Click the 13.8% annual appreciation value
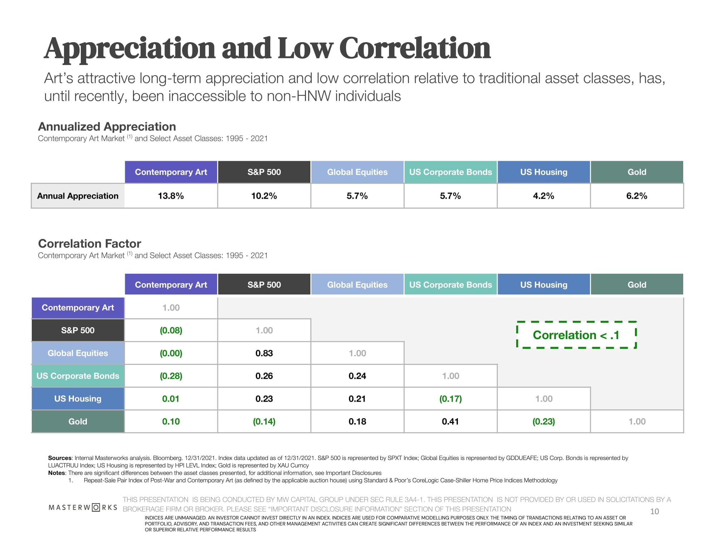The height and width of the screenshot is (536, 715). pyautogui.click(x=171, y=196)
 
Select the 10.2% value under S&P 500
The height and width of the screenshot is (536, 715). pyautogui.click(x=264, y=196)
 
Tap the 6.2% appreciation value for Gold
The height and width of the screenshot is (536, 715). pyautogui.click(x=637, y=196)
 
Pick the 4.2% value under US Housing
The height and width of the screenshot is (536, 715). pyautogui.click(x=543, y=196)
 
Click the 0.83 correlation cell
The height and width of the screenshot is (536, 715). pyautogui.click(x=264, y=353)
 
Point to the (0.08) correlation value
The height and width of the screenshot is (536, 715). pyautogui.click(x=171, y=330)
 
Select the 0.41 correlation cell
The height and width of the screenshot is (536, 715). pyautogui.click(x=450, y=421)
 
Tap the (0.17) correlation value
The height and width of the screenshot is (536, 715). pyautogui.click(x=450, y=398)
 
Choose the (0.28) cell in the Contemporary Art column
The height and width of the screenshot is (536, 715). pyautogui.click(x=171, y=376)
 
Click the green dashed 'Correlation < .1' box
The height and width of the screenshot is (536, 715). pyautogui.click(x=576, y=335)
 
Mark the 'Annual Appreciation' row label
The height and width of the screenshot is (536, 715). pyautogui.click(x=78, y=196)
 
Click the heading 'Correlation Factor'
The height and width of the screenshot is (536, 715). pyautogui.click(x=89, y=243)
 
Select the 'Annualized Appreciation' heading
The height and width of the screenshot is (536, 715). pyautogui.click(x=107, y=126)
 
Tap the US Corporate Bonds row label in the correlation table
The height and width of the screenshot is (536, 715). pyautogui.click(x=78, y=376)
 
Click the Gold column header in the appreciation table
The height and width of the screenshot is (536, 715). pyautogui.click(x=637, y=172)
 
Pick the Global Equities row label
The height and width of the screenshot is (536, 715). pyautogui.click(x=78, y=353)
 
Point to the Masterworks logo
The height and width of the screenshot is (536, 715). pyautogui.click(x=83, y=507)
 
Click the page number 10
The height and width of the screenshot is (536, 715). pyautogui.click(x=654, y=511)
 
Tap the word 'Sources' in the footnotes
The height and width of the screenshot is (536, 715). pyautogui.click(x=60, y=458)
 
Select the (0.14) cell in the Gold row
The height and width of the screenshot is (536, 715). pyautogui.click(x=264, y=421)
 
